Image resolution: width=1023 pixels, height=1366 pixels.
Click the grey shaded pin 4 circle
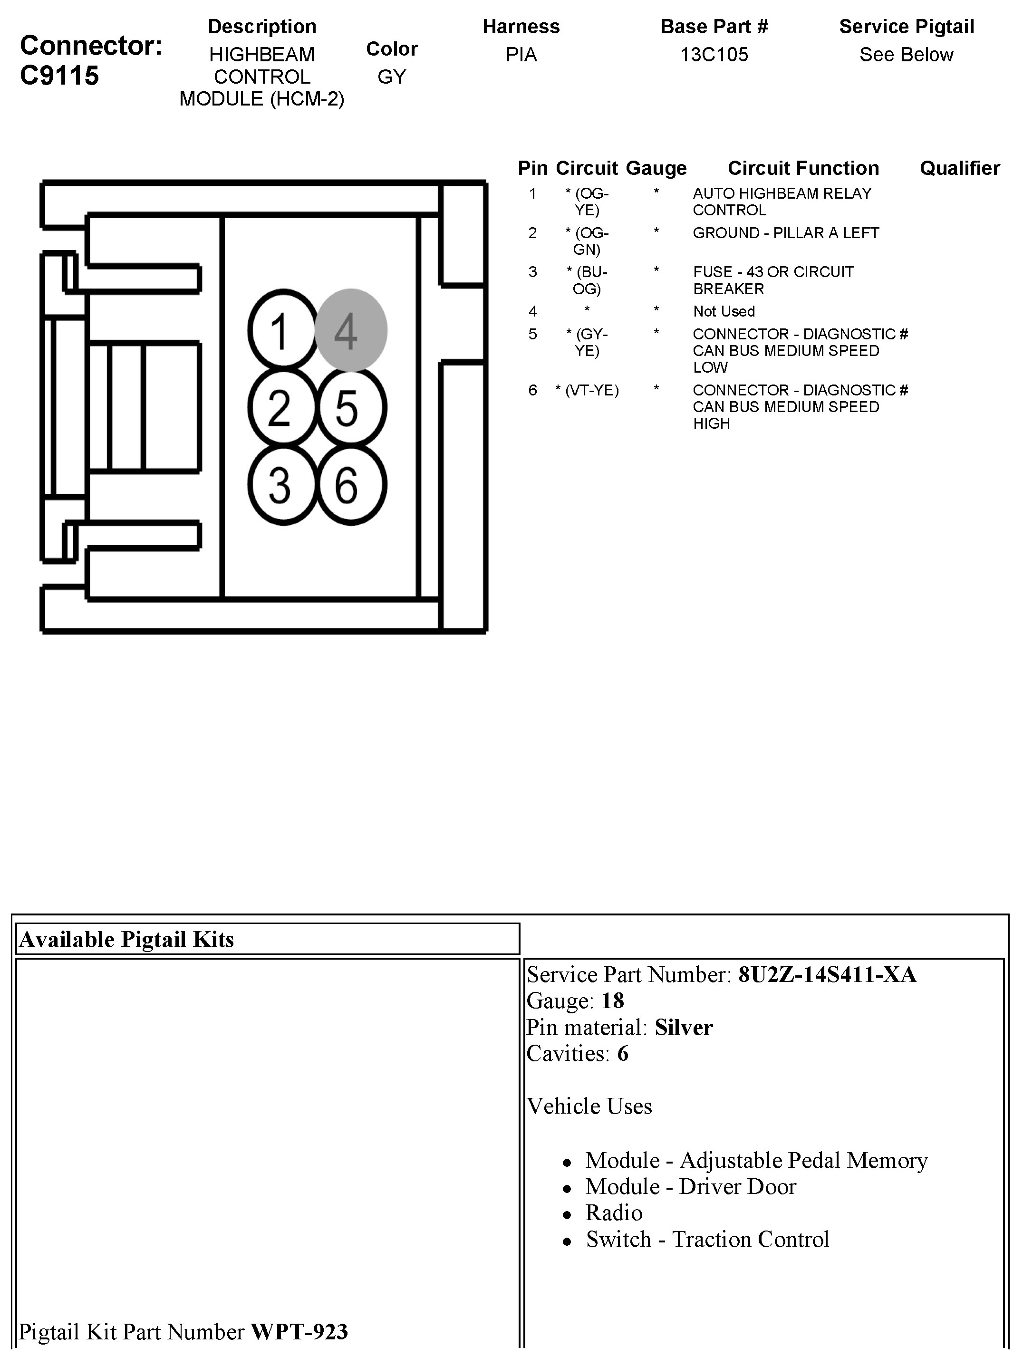[350, 330]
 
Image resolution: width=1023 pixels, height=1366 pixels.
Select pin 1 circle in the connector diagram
[282, 330]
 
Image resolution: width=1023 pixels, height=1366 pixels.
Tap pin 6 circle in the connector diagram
[350, 485]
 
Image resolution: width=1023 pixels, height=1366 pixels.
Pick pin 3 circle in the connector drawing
[282, 485]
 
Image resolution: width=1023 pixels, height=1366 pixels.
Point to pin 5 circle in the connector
[350, 408]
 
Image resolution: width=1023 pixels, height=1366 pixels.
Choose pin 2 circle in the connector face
[282, 408]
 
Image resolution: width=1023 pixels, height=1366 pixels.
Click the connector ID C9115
[60, 76]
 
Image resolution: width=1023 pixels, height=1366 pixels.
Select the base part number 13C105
[714, 54]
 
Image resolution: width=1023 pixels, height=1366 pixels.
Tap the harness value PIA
[521, 54]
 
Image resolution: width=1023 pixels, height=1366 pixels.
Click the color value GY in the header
[392, 77]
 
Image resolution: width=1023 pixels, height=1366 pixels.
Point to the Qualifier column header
[959, 168]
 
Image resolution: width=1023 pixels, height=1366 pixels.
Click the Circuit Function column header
[802, 168]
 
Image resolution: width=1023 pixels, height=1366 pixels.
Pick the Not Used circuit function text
[724, 311]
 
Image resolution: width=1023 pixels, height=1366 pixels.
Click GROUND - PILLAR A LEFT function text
[785, 233]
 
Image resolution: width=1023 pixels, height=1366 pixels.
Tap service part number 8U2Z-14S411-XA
[827, 974]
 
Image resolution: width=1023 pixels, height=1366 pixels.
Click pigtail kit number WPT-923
[299, 1331]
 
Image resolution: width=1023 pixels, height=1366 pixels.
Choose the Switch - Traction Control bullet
[707, 1239]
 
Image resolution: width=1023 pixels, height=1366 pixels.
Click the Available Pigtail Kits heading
[126, 939]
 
